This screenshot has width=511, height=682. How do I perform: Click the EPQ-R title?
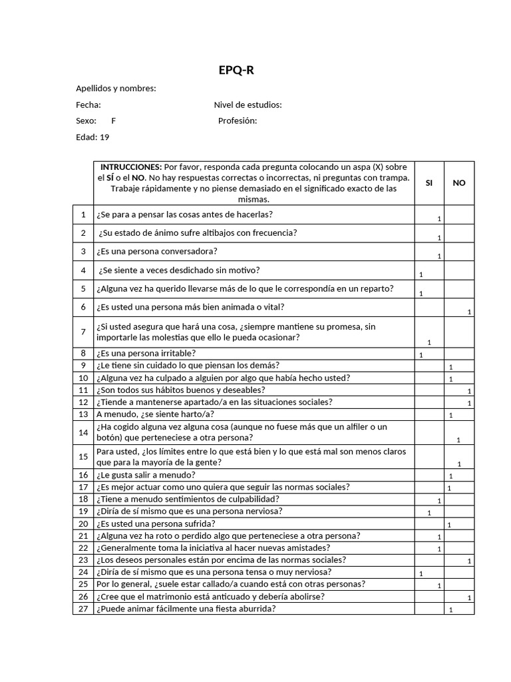pyautogui.click(x=236, y=71)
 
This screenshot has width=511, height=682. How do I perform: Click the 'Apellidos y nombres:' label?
pyautogui.click(x=116, y=89)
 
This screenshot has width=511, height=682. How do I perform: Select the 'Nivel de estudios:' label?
pyautogui.click(x=248, y=105)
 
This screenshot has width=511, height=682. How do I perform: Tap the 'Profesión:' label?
pyautogui.click(x=238, y=121)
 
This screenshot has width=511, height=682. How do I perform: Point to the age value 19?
pyautogui.click(x=104, y=137)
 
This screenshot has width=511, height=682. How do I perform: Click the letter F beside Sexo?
pyautogui.click(x=113, y=121)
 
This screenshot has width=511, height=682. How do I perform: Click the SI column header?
pyautogui.click(x=428, y=182)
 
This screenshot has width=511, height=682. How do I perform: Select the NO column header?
pyautogui.click(x=459, y=182)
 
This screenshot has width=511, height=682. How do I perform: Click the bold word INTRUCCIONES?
pyautogui.click(x=131, y=167)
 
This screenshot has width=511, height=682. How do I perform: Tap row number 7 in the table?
pyautogui.click(x=83, y=332)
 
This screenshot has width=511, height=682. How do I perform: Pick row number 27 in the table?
pyautogui.click(x=83, y=609)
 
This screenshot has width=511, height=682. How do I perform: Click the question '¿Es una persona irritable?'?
pyautogui.click(x=146, y=353)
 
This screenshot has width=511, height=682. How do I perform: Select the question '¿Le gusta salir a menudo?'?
pyautogui.click(x=146, y=475)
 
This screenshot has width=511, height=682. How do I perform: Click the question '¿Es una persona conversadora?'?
pyautogui.click(x=157, y=251)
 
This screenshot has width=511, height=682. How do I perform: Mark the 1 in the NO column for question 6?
pyautogui.click(x=469, y=312)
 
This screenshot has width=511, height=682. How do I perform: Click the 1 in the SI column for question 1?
pyautogui.click(x=439, y=219)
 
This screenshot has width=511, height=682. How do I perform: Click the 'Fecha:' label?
pyautogui.click(x=88, y=105)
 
